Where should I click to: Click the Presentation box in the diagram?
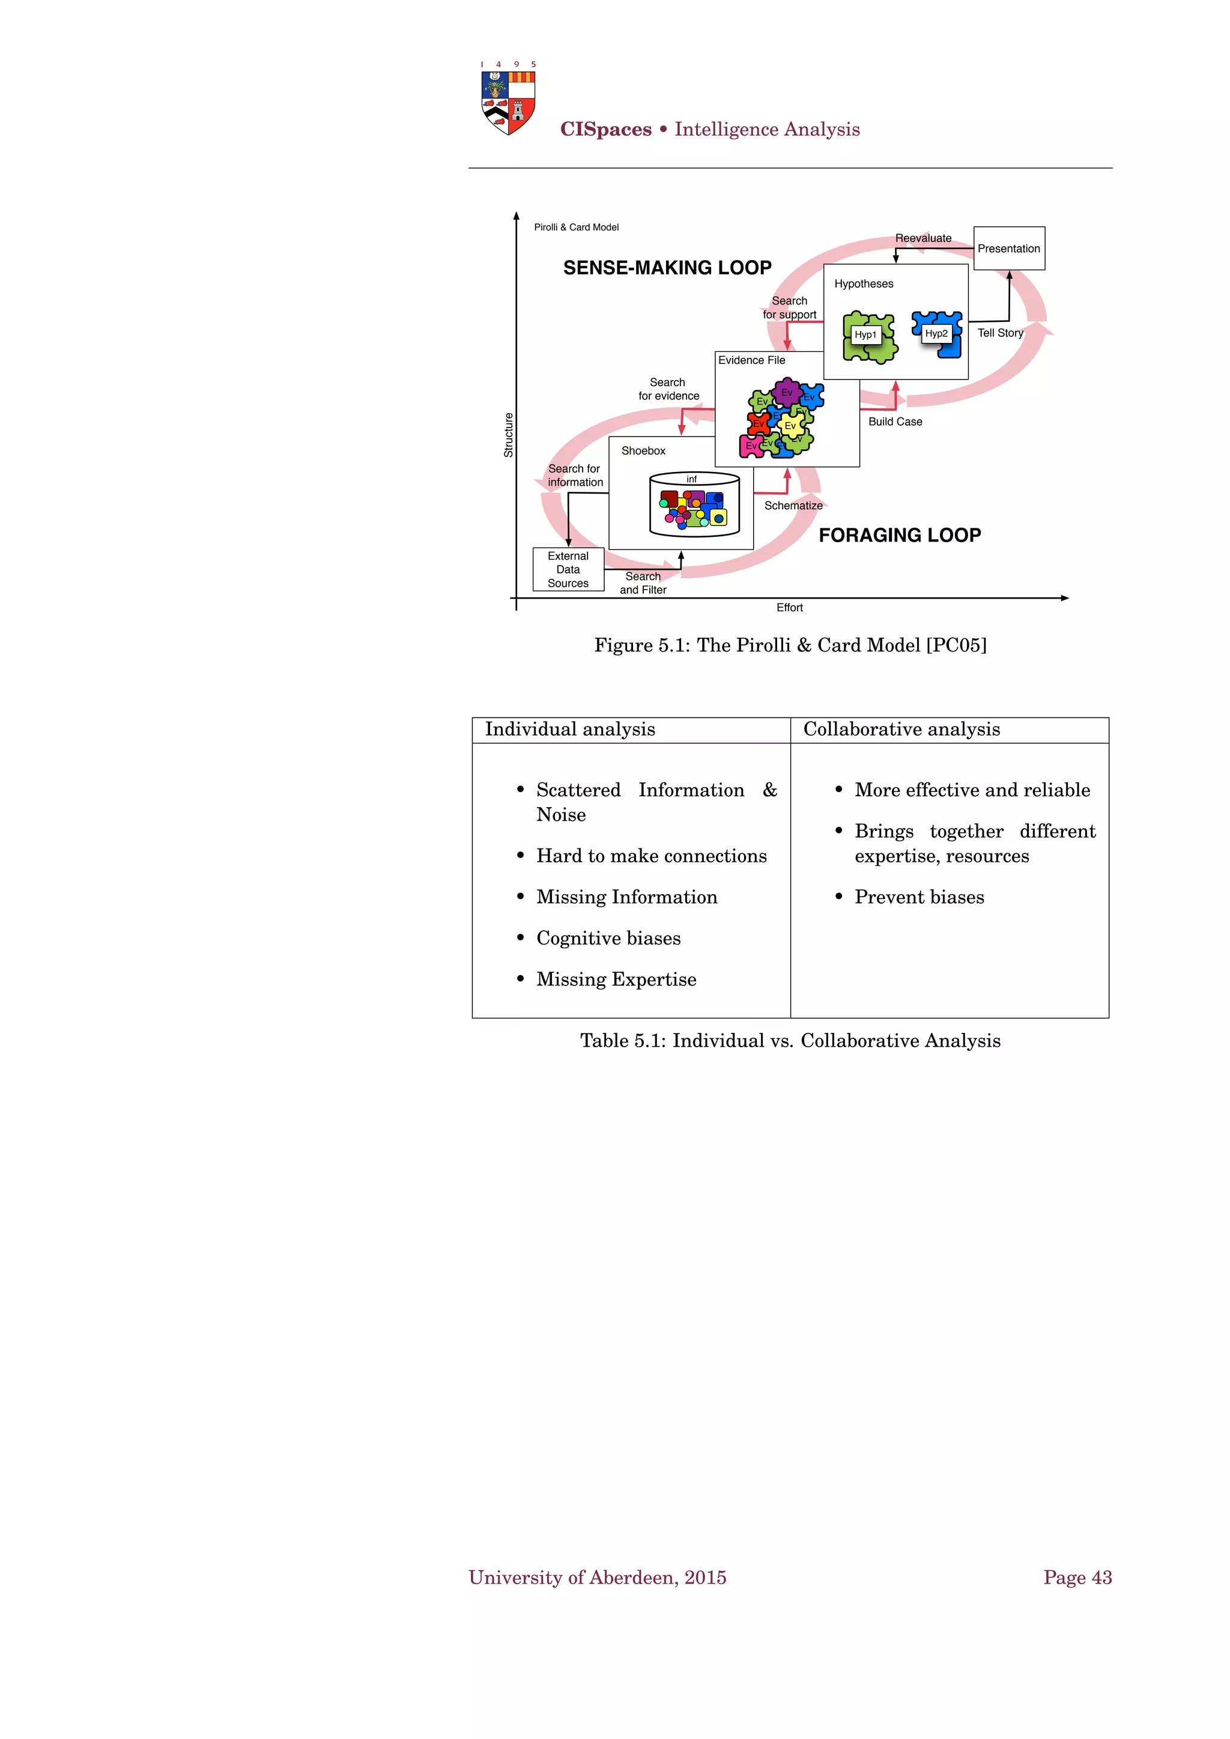coord(1008,249)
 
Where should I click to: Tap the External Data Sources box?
coord(568,570)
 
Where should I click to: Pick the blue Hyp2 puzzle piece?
coord(938,334)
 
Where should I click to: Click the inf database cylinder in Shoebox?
coord(694,504)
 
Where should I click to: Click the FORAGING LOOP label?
coord(899,536)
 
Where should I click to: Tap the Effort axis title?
coord(789,608)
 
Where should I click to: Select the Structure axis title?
coord(508,435)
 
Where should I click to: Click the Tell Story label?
coord(1000,333)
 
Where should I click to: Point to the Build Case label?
coord(895,422)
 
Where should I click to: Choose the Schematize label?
coord(793,505)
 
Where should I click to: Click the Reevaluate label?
coord(923,238)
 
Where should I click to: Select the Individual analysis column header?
coord(569,730)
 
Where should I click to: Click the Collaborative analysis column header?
coord(901,730)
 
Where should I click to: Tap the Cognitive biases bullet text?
coord(608,939)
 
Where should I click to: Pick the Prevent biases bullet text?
coord(919,898)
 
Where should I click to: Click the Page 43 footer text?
coord(1077,1577)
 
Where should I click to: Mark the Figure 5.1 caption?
coord(790,646)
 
